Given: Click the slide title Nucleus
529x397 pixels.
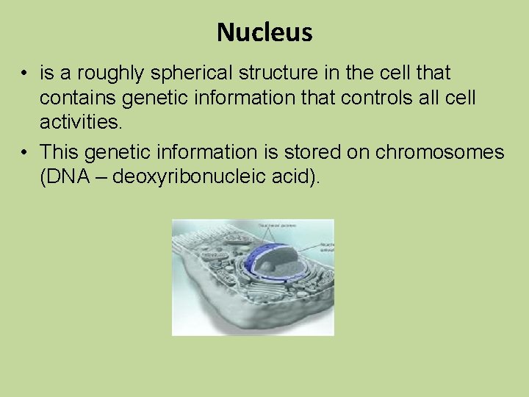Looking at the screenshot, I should click(x=264, y=32).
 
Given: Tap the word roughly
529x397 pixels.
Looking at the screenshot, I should click(x=120, y=74).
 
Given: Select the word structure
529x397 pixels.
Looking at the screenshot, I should click(x=281, y=74).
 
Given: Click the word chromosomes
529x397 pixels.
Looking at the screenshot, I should click(x=440, y=152).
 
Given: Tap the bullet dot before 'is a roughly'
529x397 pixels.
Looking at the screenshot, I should click(x=25, y=74).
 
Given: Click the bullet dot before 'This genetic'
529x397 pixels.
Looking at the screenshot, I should click(x=25, y=153).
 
